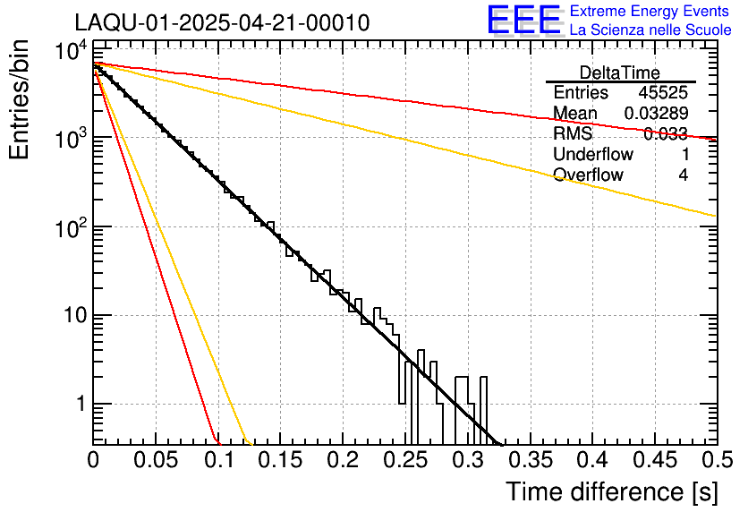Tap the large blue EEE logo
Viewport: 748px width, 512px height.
click(524, 21)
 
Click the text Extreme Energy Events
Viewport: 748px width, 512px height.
click(650, 12)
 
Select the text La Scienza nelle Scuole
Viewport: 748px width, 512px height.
click(650, 30)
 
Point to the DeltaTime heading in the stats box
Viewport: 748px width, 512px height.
click(620, 73)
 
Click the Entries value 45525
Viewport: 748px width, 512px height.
click(663, 93)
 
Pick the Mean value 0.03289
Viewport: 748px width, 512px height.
click(656, 114)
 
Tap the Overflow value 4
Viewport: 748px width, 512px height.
click(683, 175)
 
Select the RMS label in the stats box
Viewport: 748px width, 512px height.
click(573, 134)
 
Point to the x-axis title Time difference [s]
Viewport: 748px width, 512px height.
click(612, 491)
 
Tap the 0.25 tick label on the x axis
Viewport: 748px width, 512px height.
click(404, 459)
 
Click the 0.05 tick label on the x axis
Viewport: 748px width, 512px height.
click(156, 459)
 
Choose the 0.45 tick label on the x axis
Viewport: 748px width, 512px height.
click(653, 459)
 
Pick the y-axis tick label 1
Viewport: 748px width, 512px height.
click(78, 405)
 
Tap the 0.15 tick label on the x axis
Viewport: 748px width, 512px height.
click(280, 459)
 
